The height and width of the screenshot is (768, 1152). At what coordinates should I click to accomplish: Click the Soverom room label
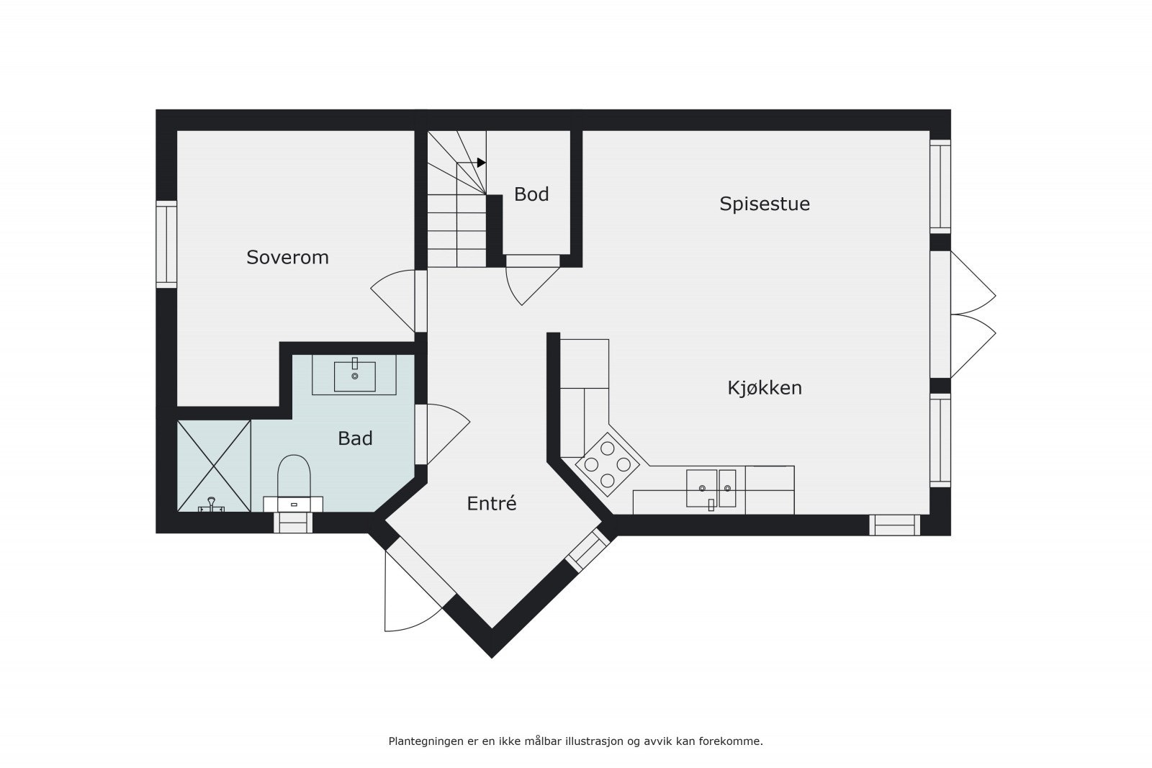point(287,257)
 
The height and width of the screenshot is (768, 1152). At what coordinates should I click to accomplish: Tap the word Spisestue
point(765,204)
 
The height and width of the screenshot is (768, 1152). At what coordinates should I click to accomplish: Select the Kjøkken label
point(765,388)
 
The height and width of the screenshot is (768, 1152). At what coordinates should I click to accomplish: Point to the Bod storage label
point(531,194)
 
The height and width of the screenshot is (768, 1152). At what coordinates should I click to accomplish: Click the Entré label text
point(492,504)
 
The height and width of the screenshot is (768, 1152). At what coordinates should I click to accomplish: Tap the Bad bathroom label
point(355,438)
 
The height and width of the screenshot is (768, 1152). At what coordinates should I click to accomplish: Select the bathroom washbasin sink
point(354,375)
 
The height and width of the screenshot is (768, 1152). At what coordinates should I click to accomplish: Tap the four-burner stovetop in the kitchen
point(608,464)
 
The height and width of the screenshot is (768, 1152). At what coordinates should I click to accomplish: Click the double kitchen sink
point(711,488)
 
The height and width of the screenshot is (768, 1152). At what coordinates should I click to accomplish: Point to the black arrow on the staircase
point(481,163)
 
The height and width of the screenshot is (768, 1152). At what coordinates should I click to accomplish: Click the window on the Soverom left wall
point(167,245)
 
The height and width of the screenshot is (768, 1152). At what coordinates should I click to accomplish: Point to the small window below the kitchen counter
point(894,525)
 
